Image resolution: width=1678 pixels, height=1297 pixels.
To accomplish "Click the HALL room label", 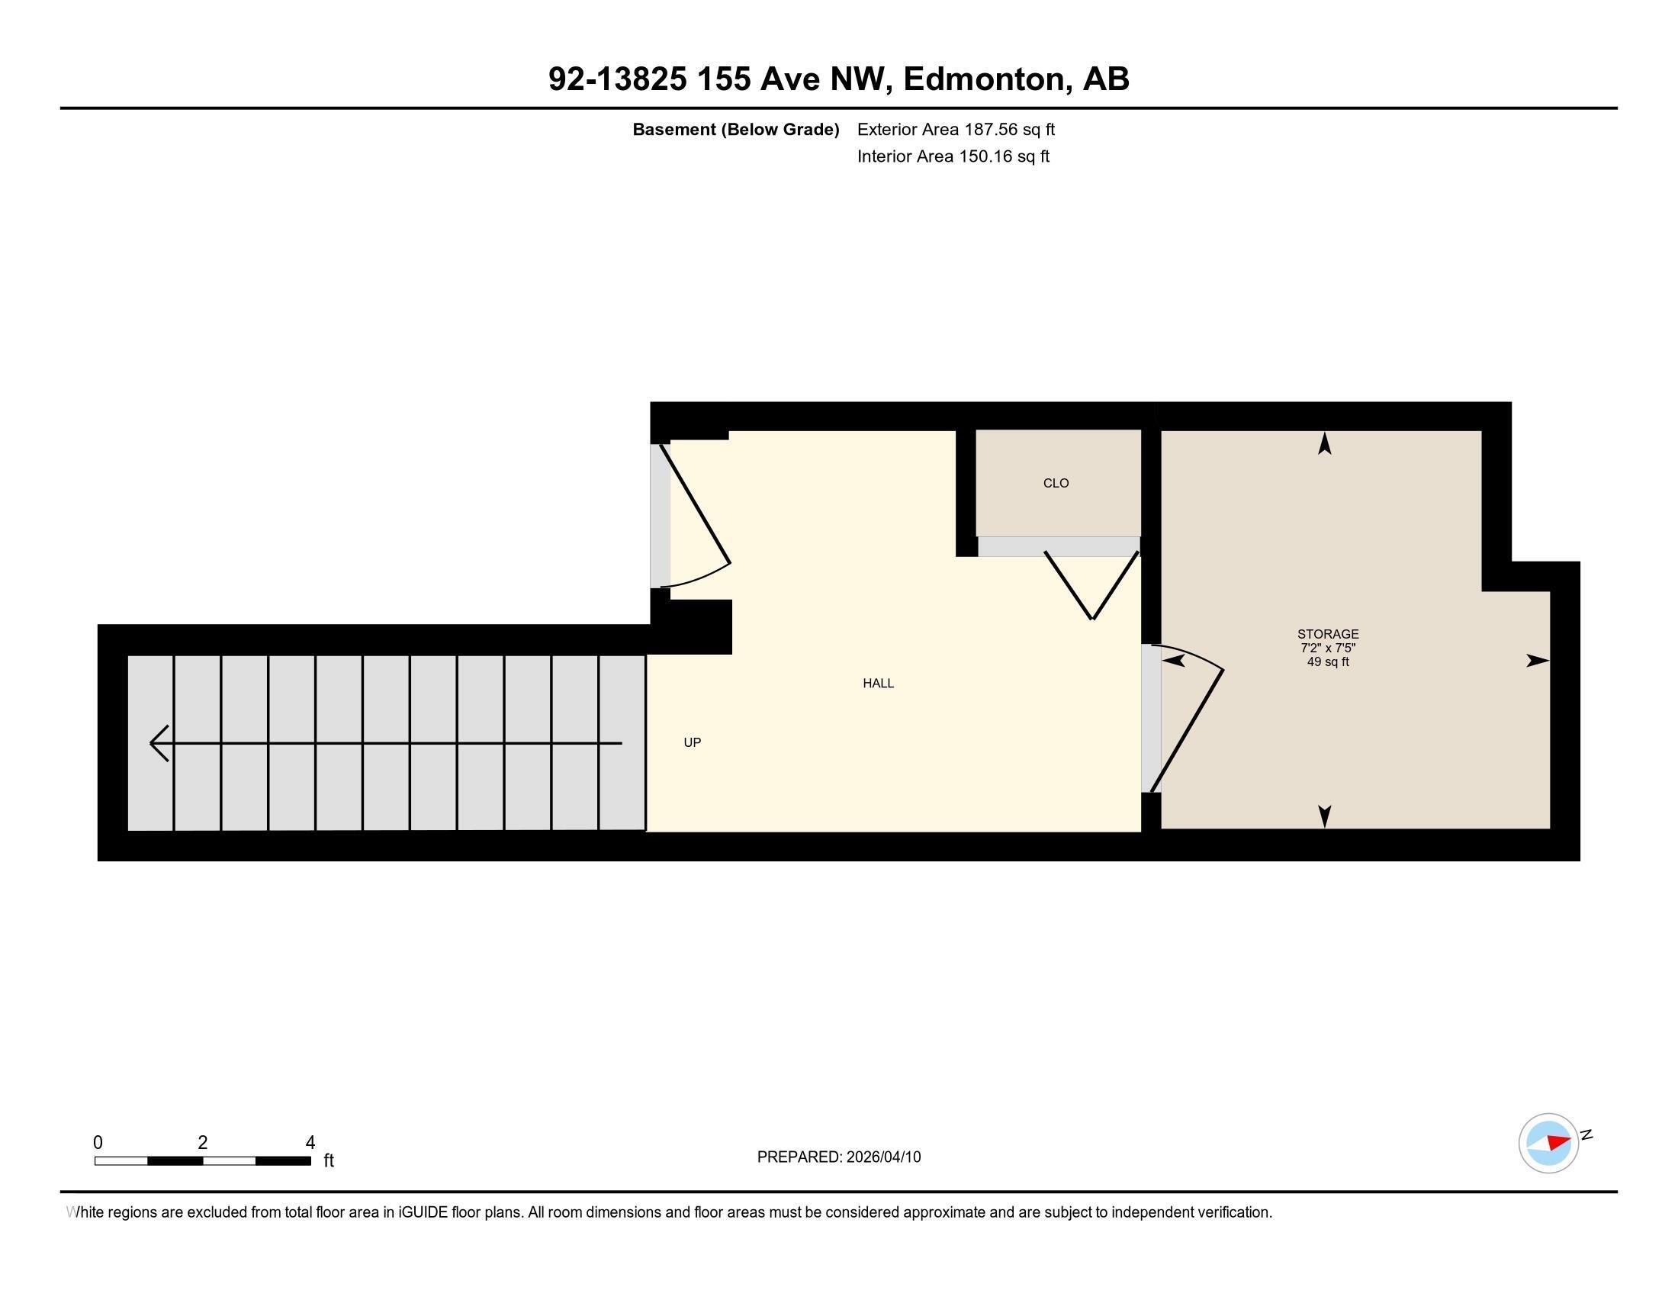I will pyautogui.click(x=877, y=683).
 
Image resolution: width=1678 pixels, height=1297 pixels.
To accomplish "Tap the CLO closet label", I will pyautogui.click(x=1056, y=483).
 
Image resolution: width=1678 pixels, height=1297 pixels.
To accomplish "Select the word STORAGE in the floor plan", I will pyautogui.click(x=1328, y=634).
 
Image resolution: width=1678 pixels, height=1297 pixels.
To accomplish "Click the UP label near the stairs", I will pyautogui.click(x=693, y=742).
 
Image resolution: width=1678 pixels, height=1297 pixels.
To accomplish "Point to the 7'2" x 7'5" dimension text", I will pyautogui.click(x=1328, y=648).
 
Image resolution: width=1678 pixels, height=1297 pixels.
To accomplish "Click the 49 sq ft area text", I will pyautogui.click(x=1328, y=661).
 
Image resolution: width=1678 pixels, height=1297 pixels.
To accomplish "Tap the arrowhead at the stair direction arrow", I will pyautogui.click(x=159, y=743).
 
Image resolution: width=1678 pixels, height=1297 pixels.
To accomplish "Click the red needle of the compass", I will pyautogui.click(x=1559, y=1142).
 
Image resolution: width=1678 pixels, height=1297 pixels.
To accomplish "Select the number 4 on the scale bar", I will pyautogui.click(x=310, y=1143).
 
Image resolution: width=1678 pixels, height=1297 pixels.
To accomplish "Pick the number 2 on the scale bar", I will pyautogui.click(x=203, y=1143).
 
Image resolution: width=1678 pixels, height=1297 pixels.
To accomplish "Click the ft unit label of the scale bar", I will pyautogui.click(x=329, y=1160).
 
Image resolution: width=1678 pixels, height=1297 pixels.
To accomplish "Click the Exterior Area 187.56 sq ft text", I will pyautogui.click(x=956, y=130).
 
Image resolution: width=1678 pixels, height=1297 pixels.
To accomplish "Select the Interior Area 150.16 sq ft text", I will pyautogui.click(x=953, y=156).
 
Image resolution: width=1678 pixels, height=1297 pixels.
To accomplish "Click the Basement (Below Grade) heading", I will pyautogui.click(x=735, y=130).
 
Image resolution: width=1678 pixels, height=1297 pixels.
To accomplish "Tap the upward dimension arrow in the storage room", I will pyautogui.click(x=1325, y=444).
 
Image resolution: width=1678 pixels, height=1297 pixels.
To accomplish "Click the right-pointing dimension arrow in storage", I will pyautogui.click(x=1537, y=661).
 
